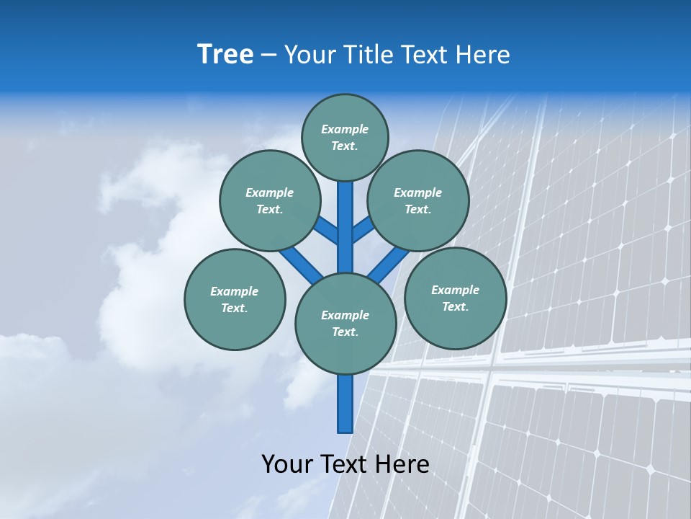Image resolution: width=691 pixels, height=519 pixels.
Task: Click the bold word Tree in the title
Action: [225, 55]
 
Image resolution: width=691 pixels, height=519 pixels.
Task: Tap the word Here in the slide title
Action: [484, 55]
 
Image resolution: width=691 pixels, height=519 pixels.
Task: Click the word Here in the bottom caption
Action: [402, 464]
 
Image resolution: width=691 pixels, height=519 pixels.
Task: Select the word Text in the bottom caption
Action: [343, 464]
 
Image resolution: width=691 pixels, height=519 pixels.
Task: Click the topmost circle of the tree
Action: [345, 137]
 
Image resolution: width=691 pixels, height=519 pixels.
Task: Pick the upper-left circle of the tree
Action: [270, 200]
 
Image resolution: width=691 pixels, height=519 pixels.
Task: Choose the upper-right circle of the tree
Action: [418, 200]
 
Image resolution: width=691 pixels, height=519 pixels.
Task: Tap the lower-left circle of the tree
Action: [235, 299]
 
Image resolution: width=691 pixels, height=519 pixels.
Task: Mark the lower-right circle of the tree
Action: [455, 298]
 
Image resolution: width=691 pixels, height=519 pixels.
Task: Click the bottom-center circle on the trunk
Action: [345, 324]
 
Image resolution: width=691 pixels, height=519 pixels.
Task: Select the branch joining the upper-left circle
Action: [328, 231]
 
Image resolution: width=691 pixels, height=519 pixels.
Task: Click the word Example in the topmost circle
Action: [345, 129]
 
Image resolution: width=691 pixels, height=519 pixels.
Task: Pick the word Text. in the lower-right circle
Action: [455, 306]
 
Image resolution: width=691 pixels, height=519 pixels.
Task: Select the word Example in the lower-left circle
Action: [235, 291]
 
